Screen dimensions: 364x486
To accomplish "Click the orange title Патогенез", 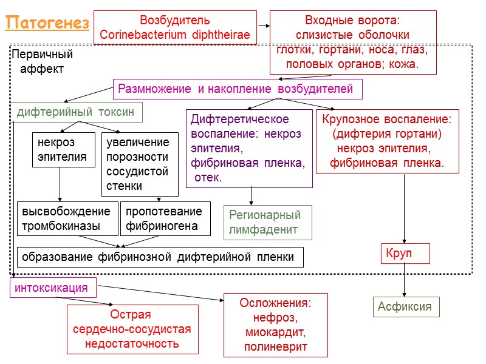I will [47, 24].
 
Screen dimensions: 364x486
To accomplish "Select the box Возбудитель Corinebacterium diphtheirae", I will [175, 28].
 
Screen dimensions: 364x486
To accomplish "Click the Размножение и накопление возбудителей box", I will [238, 89].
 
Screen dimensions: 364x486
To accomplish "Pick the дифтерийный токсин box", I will [77, 112].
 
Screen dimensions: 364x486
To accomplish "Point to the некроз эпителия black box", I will [63, 150].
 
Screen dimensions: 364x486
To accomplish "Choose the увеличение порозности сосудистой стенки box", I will [139, 164].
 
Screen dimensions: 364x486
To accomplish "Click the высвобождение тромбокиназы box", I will [66, 219].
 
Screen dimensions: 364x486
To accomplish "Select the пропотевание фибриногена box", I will [165, 219].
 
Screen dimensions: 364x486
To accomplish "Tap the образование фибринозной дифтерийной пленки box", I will [160, 257].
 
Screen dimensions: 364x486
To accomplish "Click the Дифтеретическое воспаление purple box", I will [249, 149].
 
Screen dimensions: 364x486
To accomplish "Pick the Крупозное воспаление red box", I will [388, 141].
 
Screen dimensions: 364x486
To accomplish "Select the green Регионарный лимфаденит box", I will [268, 222].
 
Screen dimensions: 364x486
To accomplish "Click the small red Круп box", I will [405, 253].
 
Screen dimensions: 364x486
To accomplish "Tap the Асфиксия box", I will [405, 306].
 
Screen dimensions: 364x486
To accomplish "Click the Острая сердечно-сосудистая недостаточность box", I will [132, 329].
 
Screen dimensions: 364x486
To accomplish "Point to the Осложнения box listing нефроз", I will [275, 325].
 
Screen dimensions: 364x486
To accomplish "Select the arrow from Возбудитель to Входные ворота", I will [263, 26].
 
